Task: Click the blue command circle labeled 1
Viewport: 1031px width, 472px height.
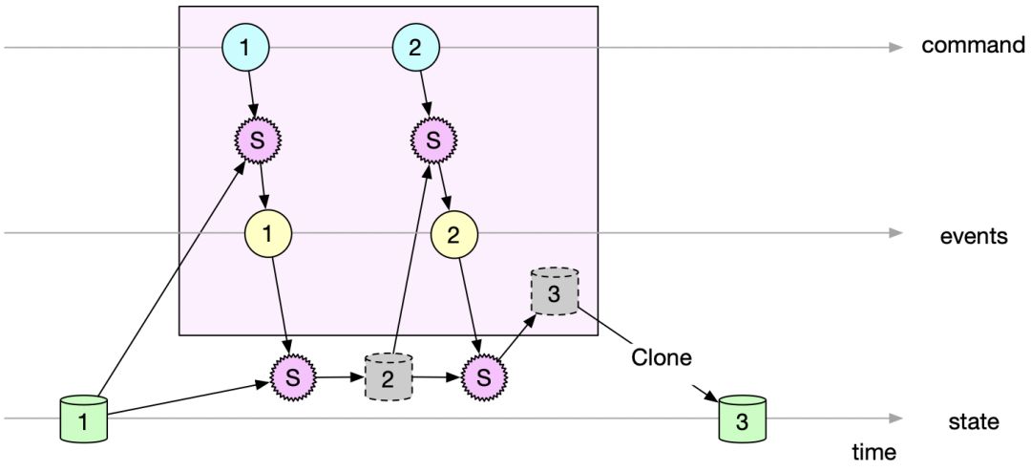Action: tap(245, 47)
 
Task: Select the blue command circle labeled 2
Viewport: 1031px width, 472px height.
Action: tap(415, 47)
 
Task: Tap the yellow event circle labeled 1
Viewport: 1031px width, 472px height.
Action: tap(268, 233)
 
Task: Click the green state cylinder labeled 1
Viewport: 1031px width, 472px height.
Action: tap(82, 419)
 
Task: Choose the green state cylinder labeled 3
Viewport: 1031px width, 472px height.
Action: tap(743, 418)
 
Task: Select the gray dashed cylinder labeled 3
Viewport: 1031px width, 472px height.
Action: tap(554, 291)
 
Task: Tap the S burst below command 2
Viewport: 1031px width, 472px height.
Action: tap(433, 140)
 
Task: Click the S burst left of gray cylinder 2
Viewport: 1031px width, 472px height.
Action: tap(293, 376)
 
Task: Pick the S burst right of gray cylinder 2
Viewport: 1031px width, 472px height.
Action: tap(482, 376)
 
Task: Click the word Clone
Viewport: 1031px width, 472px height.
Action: tap(661, 358)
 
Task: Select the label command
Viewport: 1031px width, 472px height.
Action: tap(973, 46)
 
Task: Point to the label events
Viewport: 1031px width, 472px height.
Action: tap(972, 235)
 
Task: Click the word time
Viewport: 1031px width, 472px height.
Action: tap(875, 450)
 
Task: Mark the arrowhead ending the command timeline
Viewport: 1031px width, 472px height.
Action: tap(895, 46)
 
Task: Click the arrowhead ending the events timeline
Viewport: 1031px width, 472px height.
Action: tap(895, 232)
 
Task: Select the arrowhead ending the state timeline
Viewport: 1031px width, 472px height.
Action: tap(895, 418)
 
